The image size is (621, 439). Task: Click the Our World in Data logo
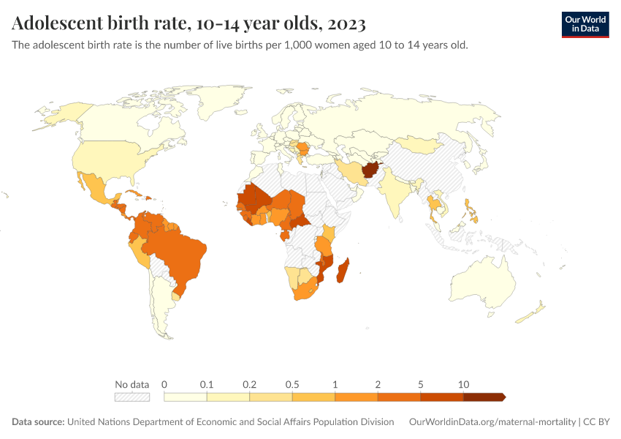pos(584,24)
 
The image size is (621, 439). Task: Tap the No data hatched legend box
pos(132,397)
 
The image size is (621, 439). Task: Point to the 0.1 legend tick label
pos(207,384)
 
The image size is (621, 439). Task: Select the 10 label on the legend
pos(463,384)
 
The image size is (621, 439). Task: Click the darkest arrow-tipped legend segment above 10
pos(484,397)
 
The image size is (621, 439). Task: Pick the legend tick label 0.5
pos(292,384)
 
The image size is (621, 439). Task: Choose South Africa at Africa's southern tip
pos(305,290)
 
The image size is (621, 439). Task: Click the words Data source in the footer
pos(37,422)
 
